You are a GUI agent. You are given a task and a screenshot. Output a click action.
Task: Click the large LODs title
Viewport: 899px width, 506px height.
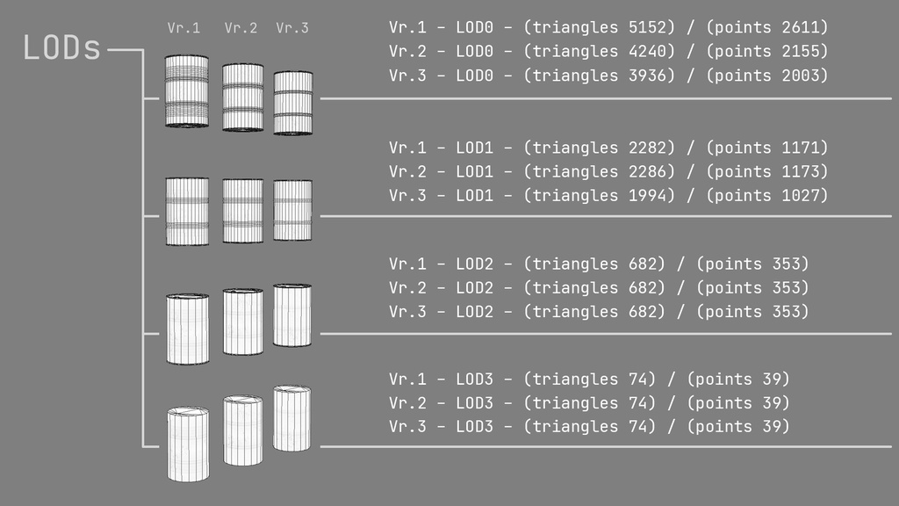point(62,49)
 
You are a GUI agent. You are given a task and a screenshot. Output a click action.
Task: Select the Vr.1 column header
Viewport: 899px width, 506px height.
point(183,28)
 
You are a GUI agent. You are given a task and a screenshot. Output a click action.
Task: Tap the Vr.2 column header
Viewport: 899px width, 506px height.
point(241,28)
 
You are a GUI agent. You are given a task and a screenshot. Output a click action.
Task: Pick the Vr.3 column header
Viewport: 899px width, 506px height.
point(292,28)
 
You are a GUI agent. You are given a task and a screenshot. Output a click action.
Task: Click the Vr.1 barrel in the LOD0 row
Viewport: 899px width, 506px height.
point(187,91)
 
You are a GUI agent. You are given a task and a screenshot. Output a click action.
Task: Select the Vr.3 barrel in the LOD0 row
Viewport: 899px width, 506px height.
point(293,103)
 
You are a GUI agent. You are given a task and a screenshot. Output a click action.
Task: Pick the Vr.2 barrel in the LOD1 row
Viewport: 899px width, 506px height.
point(242,211)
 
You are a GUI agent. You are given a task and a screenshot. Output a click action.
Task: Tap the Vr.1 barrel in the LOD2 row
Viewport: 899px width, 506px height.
point(187,329)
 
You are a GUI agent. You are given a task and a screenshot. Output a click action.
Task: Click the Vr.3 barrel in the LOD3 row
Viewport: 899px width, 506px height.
point(291,418)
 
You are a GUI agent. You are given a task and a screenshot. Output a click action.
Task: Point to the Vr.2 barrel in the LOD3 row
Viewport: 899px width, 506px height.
point(242,430)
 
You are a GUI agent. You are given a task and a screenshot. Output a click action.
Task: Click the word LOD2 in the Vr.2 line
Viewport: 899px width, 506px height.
point(475,288)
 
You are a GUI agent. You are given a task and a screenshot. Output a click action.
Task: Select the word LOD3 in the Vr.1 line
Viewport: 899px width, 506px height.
point(475,379)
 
